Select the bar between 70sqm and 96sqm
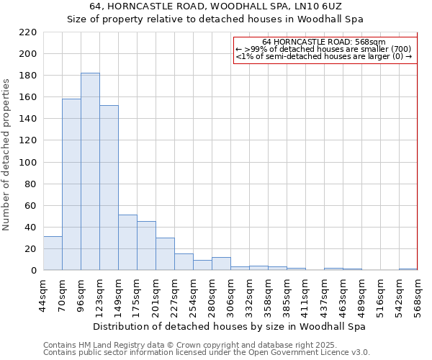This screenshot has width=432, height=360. [x=71, y=184]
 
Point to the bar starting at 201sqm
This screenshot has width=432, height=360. [x=165, y=253]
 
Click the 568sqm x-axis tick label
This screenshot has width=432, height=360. [x=418, y=294]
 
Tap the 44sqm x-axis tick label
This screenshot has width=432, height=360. [x=43, y=294]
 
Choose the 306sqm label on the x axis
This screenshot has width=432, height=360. [x=230, y=294]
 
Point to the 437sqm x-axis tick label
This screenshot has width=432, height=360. [x=324, y=294]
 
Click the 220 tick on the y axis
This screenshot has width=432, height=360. [x=28, y=32]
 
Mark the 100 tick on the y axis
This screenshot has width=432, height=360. [x=28, y=162]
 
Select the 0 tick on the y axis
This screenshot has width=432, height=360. [x=34, y=271]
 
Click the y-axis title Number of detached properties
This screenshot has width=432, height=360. [x=6, y=155]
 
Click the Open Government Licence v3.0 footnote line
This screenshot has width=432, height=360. [x=207, y=352]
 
